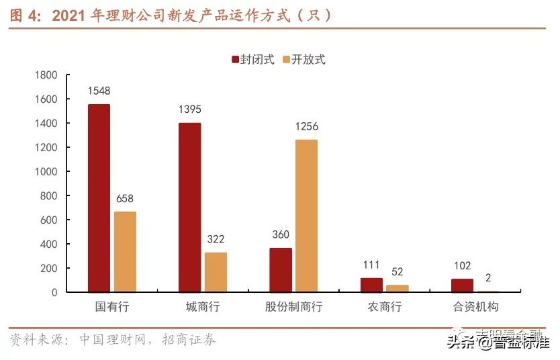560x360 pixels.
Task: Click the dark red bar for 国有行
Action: click(99, 198)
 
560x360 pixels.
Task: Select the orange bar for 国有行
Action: click(125, 252)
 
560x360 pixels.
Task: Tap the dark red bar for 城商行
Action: click(189, 208)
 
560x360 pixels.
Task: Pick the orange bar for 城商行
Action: click(216, 272)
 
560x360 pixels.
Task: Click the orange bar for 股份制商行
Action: click(306, 216)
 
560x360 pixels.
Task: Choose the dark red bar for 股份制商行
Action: click(280, 270)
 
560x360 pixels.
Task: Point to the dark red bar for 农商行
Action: click(371, 285)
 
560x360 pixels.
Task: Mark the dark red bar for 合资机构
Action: click(462, 285)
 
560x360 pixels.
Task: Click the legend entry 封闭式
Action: click(254, 59)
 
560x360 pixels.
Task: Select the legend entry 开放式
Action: click(305, 59)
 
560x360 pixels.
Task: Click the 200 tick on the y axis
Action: click(48, 269)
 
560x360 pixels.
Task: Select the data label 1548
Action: click(99, 91)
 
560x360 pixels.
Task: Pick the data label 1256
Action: click(306, 126)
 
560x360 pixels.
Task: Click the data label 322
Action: click(216, 239)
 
